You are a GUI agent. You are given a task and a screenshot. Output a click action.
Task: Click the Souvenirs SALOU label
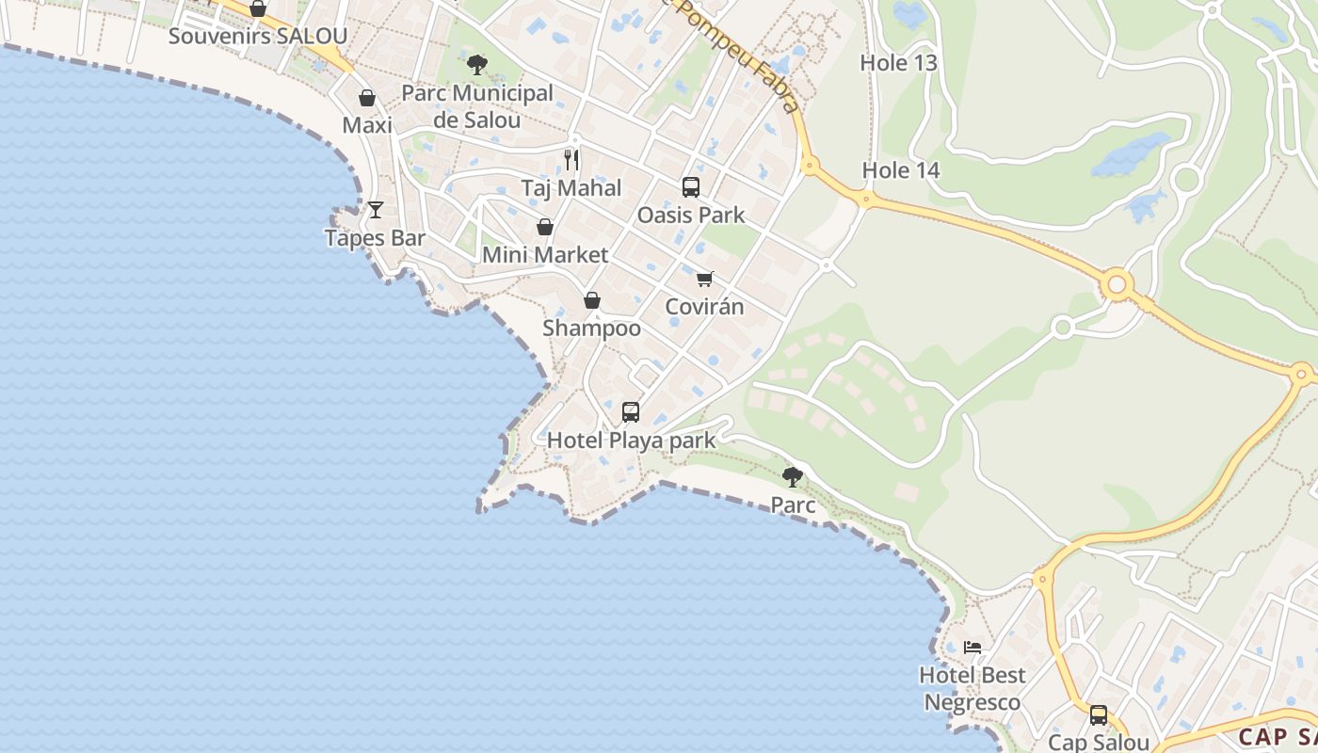pyautogui.click(x=258, y=37)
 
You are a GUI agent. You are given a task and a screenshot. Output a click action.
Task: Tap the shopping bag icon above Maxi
pyautogui.click(x=367, y=98)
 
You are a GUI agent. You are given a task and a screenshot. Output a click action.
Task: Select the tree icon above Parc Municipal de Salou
pyautogui.click(x=477, y=65)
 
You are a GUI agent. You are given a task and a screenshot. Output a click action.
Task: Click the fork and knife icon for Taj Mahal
pyautogui.click(x=571, y=159)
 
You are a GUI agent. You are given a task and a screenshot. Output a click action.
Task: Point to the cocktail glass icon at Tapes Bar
pyautogui.click(x=376, y=210)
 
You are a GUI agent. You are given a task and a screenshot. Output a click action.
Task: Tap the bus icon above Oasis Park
pyautogui.click(x=691, y=186)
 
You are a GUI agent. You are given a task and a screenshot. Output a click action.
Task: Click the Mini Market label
pyautogui.click(x=545, y=255)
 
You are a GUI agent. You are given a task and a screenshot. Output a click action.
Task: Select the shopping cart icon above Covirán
pyautogui.click(x=705, y=279)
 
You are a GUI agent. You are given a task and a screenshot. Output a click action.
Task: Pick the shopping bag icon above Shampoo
pyautogui.click(x=592, y=300)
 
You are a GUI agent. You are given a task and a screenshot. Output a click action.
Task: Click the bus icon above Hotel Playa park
pyautogui.click(x=631, y=412)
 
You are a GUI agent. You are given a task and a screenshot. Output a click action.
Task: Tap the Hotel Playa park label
pyautogui.click(x=631, y=441)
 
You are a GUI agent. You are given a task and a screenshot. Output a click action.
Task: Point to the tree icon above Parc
pyautogui.click(x=793, y=476)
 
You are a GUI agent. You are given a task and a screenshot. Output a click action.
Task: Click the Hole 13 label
pyautogui.click(x=899, y=63)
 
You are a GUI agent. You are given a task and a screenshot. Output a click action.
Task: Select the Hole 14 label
pyautogui.click(x=901, y=170)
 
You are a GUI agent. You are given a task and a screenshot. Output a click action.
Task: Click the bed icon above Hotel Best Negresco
pyautogui.click(x=972, y=647)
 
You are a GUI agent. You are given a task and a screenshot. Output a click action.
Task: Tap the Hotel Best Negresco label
pyautogui.click(x=972, y=688)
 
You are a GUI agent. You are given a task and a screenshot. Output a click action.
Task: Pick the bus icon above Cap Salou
pyautogui.click(x=1099, y=714)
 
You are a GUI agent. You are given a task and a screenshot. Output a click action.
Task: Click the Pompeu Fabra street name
pyautogui.click(x=739, y=56)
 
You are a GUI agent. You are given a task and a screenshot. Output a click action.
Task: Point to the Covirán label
pyautogui.click(x=705, y=307)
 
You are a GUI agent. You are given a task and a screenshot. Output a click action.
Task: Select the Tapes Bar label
pyautogui.click(x=375, y=238)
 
